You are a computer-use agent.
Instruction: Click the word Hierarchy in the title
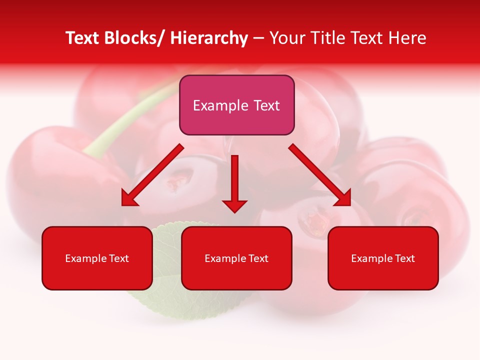pyautogui.click(x=209, y=38)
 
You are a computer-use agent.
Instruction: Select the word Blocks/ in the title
pyautogui.click(x=135, y=38)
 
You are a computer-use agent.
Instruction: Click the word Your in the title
pyautogui.click(x=286, y=38)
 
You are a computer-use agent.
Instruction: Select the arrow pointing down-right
pyautogui.click(x=320, y=175)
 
